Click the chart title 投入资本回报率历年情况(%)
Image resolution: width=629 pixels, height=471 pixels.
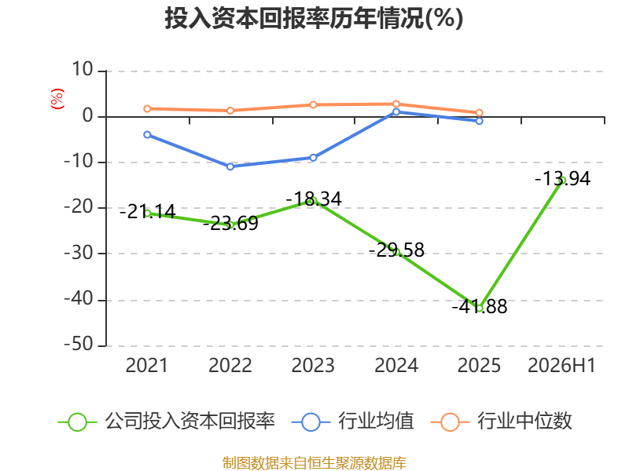tap(314, 18)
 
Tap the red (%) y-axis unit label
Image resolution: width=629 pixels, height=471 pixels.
tap(57, 99)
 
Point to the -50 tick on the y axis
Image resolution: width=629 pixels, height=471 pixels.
tap(79, 345)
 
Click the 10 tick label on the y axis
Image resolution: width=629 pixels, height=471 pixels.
tap(83, 70)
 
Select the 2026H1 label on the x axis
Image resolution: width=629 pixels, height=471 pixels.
tap(561, 365)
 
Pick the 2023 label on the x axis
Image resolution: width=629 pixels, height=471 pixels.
tap(313, 365)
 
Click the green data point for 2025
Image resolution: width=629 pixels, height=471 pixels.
tap(479, 308)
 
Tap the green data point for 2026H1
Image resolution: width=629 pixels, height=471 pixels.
tap(562, 181)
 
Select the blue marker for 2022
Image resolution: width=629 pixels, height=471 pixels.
tap(230, 166)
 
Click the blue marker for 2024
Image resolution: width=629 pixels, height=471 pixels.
tap(396, 111)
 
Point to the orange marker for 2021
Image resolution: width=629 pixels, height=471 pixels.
tap(147, 109)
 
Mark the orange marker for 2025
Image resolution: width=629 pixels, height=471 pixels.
tap(479, 113)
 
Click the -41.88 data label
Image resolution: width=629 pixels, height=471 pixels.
tap(480, 306)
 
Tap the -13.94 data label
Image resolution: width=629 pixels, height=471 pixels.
tap(562, 179)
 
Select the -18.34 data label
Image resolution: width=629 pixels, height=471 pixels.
tap(314, 199)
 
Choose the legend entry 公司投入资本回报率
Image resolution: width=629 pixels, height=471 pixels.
tap(167, 422)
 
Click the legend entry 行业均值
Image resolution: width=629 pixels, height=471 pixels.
tap(352, 422)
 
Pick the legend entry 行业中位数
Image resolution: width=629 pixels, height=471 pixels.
tap(502, 422)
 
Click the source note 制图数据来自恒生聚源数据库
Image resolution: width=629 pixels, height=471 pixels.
tap(314, 463)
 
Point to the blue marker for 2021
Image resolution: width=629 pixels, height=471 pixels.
tap(147, 134)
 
